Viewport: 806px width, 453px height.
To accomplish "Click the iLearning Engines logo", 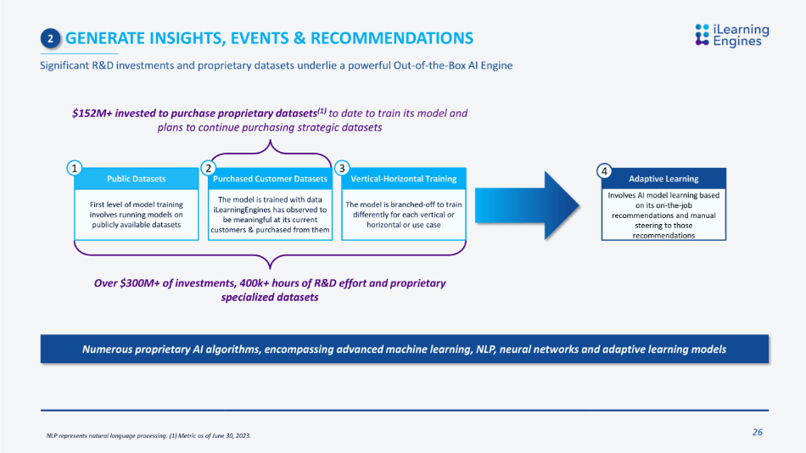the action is point(732,35).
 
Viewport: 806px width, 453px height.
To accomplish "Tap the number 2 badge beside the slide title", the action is point(50,38).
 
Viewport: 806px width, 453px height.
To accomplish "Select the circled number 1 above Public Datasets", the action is point(75,168).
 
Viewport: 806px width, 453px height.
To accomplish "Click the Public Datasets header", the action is point(137,178).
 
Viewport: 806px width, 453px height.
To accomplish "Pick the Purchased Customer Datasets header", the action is point(270,178).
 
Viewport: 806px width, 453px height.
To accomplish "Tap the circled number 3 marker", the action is point(342,168).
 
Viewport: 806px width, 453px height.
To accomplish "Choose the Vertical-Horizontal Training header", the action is point(404,178).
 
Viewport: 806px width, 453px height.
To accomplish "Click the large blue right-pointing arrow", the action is point(527,205).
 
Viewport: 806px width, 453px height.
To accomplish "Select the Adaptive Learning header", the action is point(663,178).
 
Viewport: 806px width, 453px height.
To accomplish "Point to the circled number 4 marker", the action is point(604,171).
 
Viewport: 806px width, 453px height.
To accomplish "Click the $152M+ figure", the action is point(92,113).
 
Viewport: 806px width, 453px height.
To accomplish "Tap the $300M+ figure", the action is point(140,283).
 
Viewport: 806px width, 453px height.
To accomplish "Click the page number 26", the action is point(758,432).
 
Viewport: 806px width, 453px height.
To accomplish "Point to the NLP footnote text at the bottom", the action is point(148,435).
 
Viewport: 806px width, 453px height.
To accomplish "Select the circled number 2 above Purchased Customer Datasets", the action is point(208,168).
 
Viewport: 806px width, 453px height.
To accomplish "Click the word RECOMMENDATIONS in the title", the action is point(392,38).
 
